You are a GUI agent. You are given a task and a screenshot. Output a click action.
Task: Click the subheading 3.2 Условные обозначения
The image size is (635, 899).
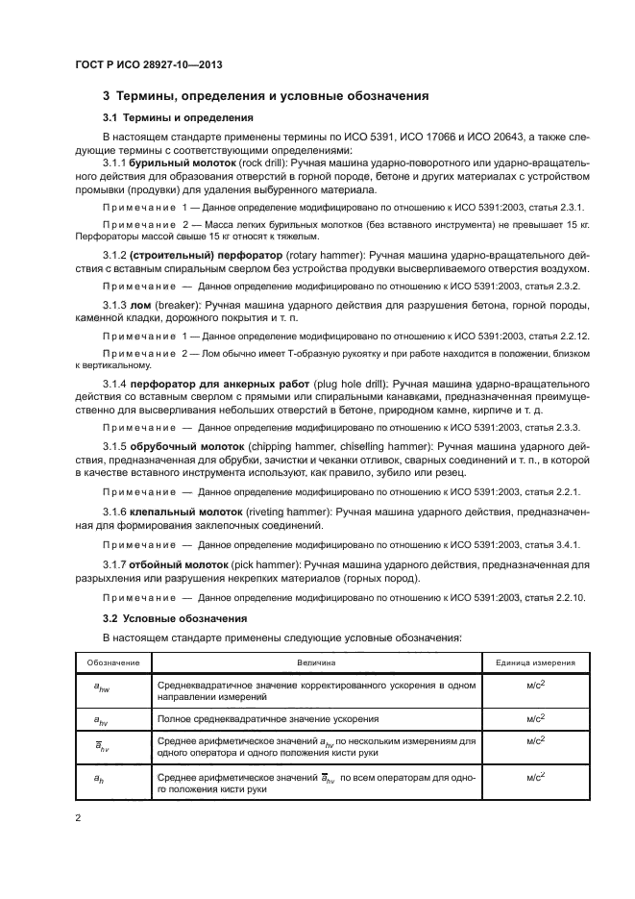[x=175, y=617]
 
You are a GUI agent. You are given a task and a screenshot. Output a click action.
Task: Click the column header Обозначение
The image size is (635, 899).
[x=113, y=662]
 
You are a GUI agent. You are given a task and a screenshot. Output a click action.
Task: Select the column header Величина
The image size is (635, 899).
[x=322, y=662]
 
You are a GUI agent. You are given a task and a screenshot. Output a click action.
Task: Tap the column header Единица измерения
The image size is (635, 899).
[x=535, y=662]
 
